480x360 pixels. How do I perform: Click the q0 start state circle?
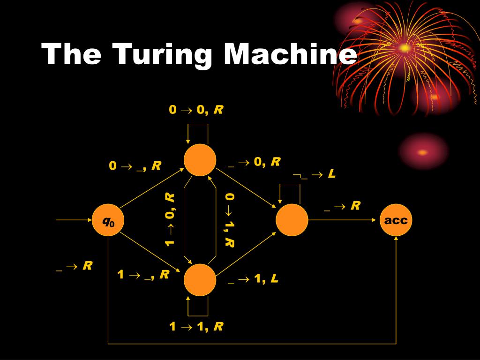tap(109, 220)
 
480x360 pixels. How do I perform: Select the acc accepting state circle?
tap(396, 220)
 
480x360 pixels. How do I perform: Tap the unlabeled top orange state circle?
tap(200, 160)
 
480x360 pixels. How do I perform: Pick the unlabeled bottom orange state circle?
tap(200, 280)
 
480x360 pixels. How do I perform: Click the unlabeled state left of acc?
tap(292, 220)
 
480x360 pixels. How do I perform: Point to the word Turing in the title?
tap(163, 55)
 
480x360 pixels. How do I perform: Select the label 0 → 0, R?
tap(196, 110)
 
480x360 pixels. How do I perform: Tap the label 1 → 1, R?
tap(196, 327)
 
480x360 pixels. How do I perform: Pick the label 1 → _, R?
tap(143, 275)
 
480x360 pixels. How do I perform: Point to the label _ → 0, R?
tap(254, 162)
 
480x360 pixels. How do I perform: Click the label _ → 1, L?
tap(253, 279)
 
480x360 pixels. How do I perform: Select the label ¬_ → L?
tap(314, 174)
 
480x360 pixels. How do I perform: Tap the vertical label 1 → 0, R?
tap(170, 219)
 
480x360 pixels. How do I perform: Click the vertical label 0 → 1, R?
tap(229, 219)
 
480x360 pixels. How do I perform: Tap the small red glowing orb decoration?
tap(423, 152)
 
